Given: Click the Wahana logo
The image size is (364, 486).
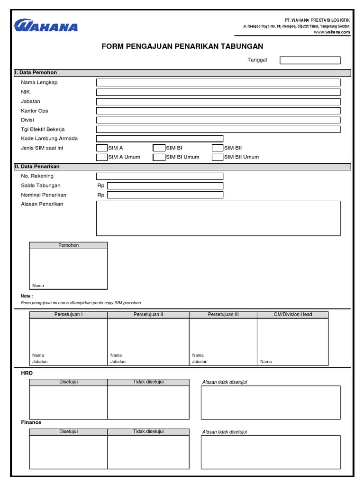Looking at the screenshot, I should (x=45, y=25).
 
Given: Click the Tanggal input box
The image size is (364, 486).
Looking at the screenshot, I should (x=310, y=60).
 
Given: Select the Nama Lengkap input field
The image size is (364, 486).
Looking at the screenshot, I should (x=218, y=83).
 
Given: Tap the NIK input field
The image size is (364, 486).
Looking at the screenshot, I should (x=218, y=92).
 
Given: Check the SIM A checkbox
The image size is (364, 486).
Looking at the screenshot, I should (x=102, y=148).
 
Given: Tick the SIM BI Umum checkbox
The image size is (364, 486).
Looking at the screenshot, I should (x=159, y=157).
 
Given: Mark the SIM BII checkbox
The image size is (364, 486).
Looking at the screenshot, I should (x=217, y=148).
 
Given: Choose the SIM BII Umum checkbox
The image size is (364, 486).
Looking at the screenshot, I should (x=217, y=157).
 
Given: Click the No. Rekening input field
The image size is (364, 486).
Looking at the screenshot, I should (x=159, y=176).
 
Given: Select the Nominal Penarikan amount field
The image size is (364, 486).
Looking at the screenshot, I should (x=165, y=195).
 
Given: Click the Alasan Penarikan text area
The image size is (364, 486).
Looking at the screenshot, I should (x=218, y=218).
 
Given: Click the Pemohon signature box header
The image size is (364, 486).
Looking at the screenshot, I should (x=68, y=245).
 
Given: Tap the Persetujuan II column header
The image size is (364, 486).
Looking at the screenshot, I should (x=148, y=315).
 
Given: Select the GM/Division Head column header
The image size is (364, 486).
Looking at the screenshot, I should (x=292, y=315).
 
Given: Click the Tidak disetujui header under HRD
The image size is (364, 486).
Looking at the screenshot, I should (x=148, y=382).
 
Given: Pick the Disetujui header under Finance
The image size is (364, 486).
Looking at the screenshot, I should (x=68, y=432).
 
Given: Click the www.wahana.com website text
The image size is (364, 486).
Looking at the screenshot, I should (x=331, y=32).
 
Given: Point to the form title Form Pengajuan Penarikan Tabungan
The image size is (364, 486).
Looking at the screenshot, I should (x=182, y=47).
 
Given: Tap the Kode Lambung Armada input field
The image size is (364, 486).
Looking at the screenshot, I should (x=159, y=139).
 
